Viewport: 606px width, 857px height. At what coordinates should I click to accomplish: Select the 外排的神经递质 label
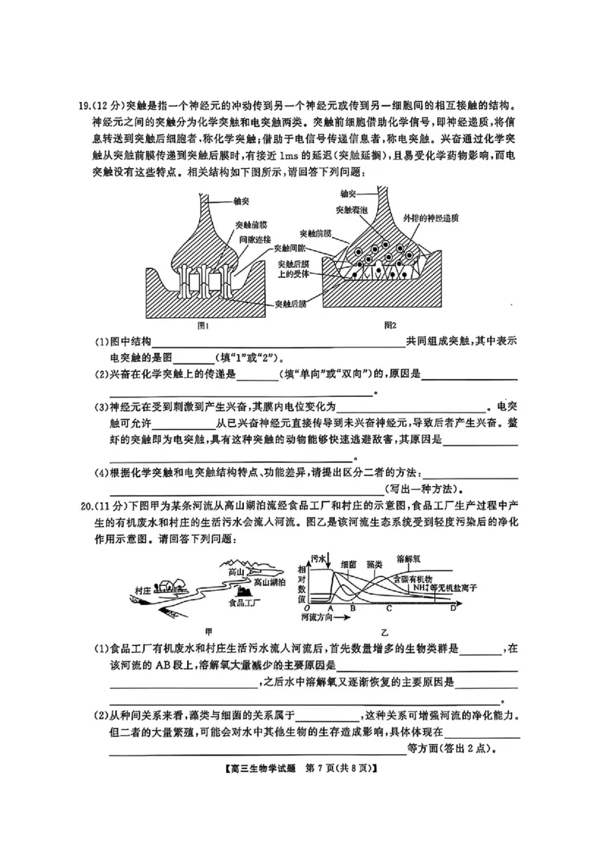(x=435, y=217)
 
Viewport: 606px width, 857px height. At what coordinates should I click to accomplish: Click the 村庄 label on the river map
(x=142, y=588)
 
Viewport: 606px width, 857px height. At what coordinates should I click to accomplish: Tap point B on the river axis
(x=352, y=608)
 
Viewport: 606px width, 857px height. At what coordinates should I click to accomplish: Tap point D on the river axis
(x=453, y=608)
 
